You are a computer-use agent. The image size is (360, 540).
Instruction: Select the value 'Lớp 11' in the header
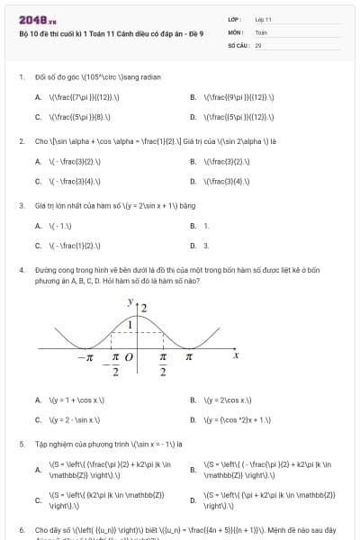click(264, 19)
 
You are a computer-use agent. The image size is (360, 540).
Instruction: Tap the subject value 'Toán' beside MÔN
click(261, 31)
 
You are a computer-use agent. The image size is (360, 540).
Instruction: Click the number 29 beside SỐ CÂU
click(258, 44)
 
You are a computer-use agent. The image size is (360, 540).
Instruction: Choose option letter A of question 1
click(38, 96)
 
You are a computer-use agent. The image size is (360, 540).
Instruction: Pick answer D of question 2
click(193, 181)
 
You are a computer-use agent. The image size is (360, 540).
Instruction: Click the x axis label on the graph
click(236, 355)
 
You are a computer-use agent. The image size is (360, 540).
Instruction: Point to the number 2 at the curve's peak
click(143, 308)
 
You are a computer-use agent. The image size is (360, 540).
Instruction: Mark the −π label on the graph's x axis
click(85, 357)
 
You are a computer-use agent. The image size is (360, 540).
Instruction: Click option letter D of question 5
click(193, 499)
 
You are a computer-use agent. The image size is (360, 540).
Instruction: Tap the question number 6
click(21, 531)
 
